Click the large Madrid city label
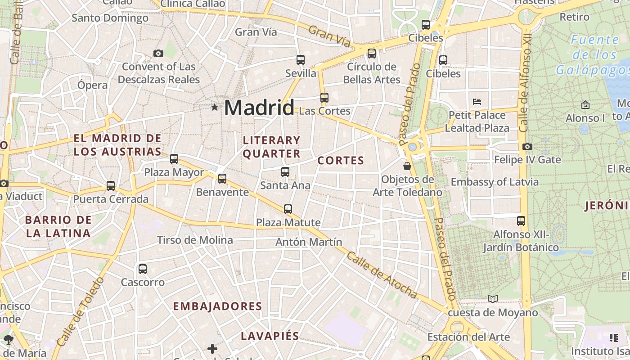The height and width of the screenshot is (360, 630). pos(259,108)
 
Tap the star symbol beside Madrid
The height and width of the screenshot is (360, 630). pos(215,107)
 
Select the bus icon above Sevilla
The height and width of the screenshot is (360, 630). pos(301,59)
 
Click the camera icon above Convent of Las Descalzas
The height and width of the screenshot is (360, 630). pos(158,53)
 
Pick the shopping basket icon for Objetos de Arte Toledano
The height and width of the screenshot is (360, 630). pos(407,166)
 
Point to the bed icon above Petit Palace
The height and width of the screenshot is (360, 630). pos(477,101)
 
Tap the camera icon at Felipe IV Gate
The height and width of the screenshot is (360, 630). pos(527,146)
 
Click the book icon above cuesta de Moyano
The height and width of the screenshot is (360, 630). pos(493,299)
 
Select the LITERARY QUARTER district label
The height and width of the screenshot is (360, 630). pos(271,147)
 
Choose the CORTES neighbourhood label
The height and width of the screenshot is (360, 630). pos(341,161)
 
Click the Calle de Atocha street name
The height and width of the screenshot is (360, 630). pos(382,275)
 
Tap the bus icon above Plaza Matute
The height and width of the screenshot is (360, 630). pos(288,209)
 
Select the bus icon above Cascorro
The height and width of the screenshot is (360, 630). pos(143,269)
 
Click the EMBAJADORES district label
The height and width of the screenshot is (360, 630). pos(217,306)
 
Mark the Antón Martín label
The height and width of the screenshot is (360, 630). pos(309,242)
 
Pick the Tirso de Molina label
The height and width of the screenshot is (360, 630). pos(195,240)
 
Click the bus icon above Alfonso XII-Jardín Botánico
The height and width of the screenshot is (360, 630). pos(521,221)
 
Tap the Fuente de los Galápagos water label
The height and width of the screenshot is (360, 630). pos(594,55)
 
